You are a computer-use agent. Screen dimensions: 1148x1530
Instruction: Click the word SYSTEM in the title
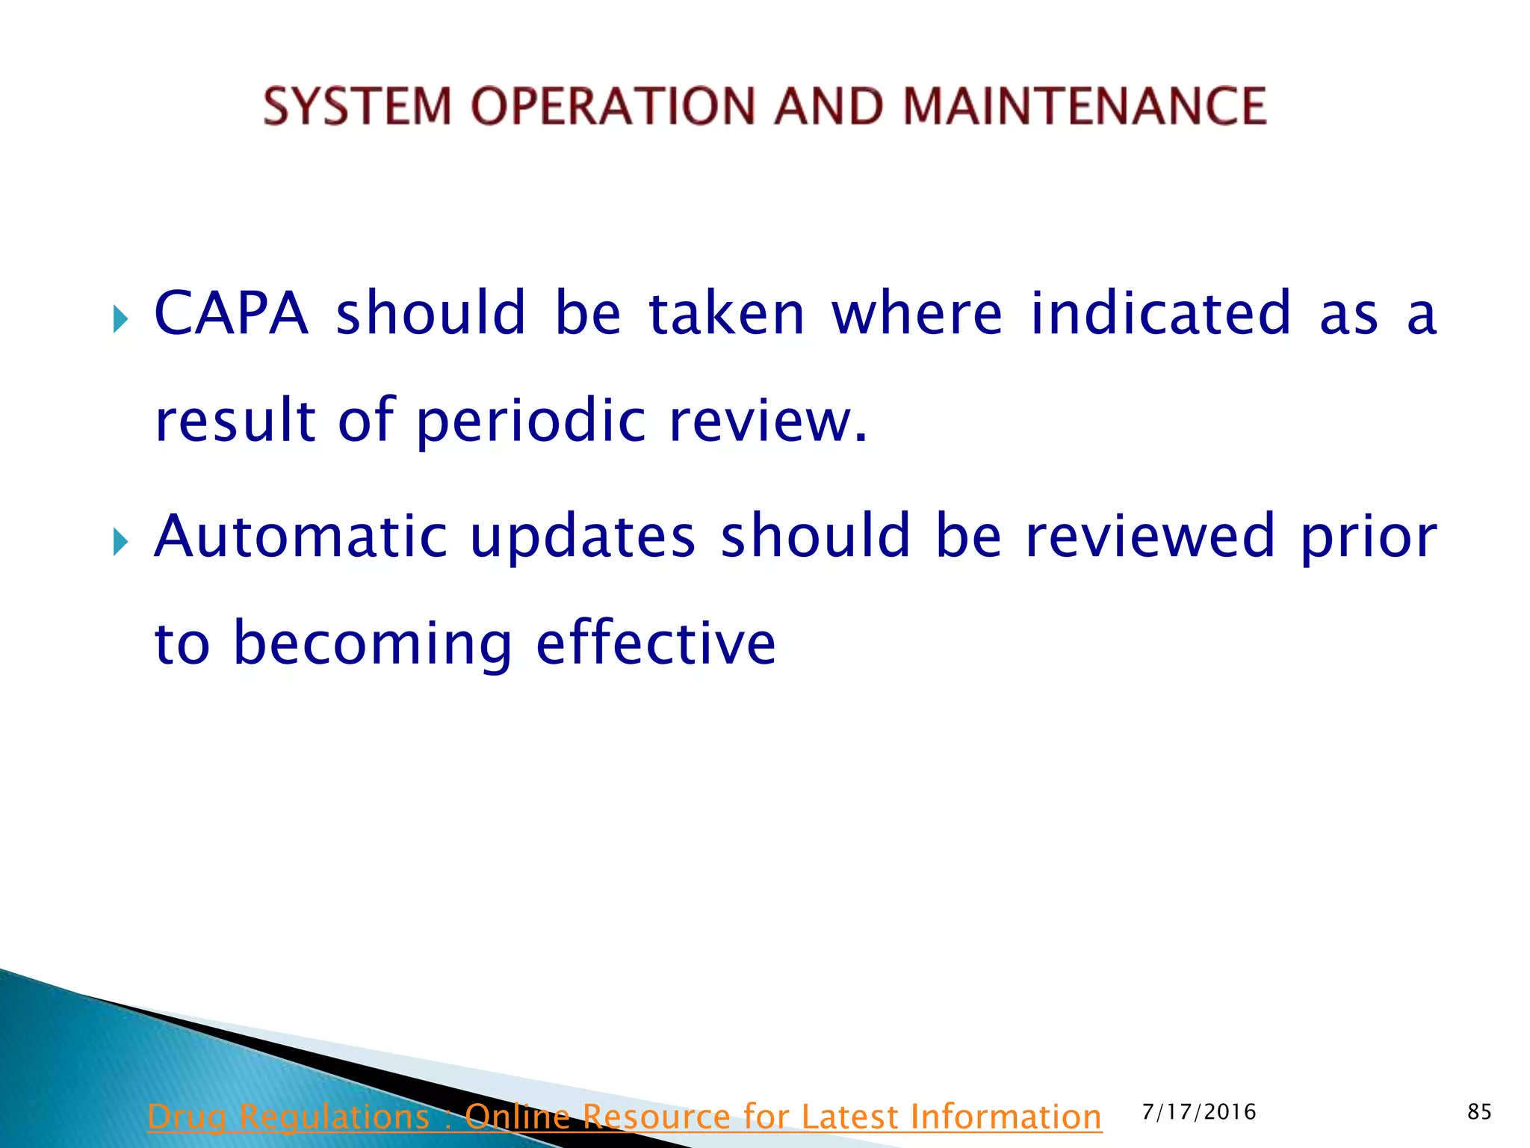click(357, 105)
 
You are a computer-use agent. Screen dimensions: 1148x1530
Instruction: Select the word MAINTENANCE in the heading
click(1084, 105)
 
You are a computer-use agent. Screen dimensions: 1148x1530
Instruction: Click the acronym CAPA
click(231, 313)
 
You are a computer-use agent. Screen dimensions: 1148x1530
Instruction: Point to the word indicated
click(1160, 313)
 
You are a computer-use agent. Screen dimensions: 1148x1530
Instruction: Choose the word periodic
click(530, 420)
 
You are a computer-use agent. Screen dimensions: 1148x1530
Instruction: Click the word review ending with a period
click(767, 420)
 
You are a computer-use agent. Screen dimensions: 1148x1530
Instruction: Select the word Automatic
click(300, 536)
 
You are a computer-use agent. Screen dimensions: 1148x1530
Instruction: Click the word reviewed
click(1150, 536)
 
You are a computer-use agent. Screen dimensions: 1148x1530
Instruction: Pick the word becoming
click(372, 644)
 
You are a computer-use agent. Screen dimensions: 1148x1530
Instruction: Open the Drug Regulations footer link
click(624, 1117)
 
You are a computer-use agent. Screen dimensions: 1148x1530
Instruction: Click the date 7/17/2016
click(1199, 1112)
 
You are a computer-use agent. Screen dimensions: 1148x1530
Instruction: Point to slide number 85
click(1479, 1112)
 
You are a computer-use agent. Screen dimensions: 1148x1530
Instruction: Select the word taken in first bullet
click(726, 313)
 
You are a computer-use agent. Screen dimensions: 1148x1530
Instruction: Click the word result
click(235, 420)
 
